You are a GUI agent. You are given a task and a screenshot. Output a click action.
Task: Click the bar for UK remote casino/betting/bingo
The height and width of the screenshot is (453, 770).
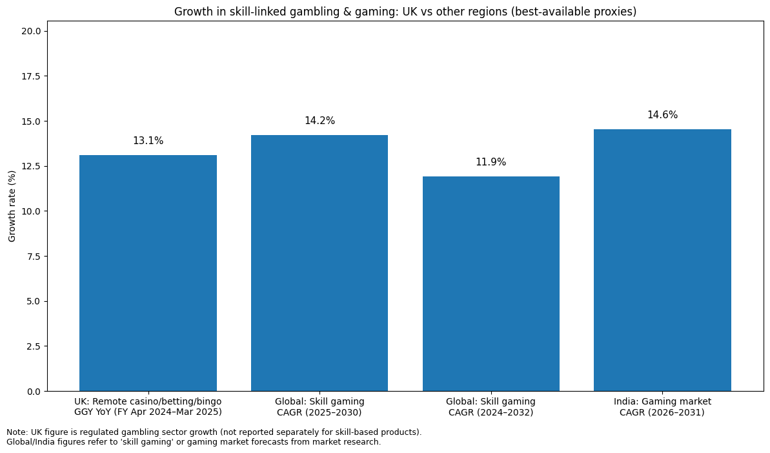pyautogui.click(x=148, y=273)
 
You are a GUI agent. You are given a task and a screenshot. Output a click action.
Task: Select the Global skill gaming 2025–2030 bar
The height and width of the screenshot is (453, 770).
pyautogui.click(x=319, y=263)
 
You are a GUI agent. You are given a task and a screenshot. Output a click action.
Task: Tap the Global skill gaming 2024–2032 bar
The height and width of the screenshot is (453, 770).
pyautogui.click(x=491, y=284)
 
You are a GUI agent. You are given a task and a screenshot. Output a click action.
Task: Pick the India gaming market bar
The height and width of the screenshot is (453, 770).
pyautogui.click(x=662, y=260)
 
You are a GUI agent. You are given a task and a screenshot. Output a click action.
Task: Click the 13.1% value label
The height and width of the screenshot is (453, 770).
pyautogui.click(x=148, y=141)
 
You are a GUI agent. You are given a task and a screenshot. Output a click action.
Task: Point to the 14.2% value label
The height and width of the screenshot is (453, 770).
pyautogui.click(x=319, y=121)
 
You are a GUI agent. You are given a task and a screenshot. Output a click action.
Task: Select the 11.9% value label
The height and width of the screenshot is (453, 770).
pyautogui.click(x=491, y=162)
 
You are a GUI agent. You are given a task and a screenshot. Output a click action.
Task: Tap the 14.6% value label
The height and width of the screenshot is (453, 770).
pyautogui.click(x=662, y=115)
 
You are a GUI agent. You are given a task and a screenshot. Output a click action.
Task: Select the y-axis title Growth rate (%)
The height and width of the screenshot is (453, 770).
pyautogui.click(x=12, y=206)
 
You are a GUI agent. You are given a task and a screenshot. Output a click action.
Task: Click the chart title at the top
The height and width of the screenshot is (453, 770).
pyautogui.click(x=405, y=12)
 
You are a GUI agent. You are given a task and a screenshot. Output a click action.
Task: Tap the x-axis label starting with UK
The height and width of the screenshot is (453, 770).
pyautogui.click(x=148, y=406)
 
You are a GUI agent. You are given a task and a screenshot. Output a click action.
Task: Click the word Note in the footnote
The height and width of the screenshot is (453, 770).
pyautogui.click(x=17, y=432)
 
